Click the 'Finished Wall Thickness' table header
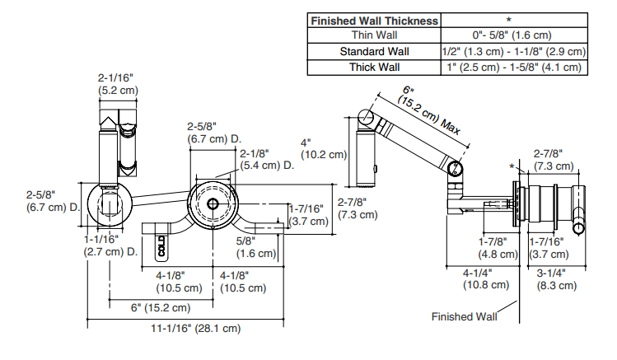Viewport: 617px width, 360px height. (x=374, y=20)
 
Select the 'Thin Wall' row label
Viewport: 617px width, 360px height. (x=374, y=35)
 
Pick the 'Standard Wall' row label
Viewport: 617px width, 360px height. (x=374, y=51)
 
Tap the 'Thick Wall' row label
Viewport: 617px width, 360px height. (x=374, y=67)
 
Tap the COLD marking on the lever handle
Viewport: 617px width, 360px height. (x=160, y=245)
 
